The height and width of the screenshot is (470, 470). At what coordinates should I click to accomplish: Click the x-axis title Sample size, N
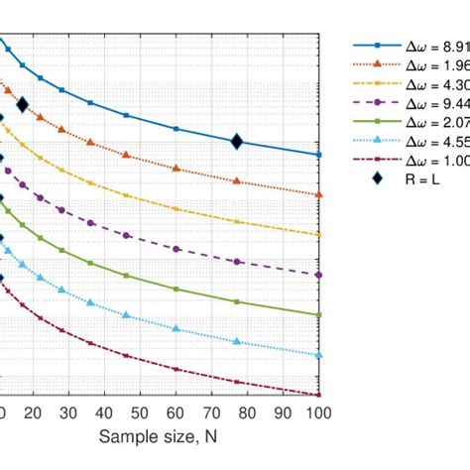tap(159, 437)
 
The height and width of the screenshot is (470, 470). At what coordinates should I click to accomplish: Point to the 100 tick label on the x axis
tap(316, 413)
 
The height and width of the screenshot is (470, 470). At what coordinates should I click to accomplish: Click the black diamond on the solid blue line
tap(237, 142)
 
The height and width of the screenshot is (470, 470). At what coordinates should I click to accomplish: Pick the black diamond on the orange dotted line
tap(22, 104)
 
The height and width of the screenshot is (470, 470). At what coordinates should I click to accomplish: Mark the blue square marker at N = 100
tap(318, 155)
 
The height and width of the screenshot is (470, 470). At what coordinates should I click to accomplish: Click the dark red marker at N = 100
tap(318, 395)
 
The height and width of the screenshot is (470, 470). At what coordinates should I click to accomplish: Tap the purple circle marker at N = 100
tap(318, 275)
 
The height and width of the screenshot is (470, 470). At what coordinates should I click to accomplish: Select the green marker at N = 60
tap(176, 290)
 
